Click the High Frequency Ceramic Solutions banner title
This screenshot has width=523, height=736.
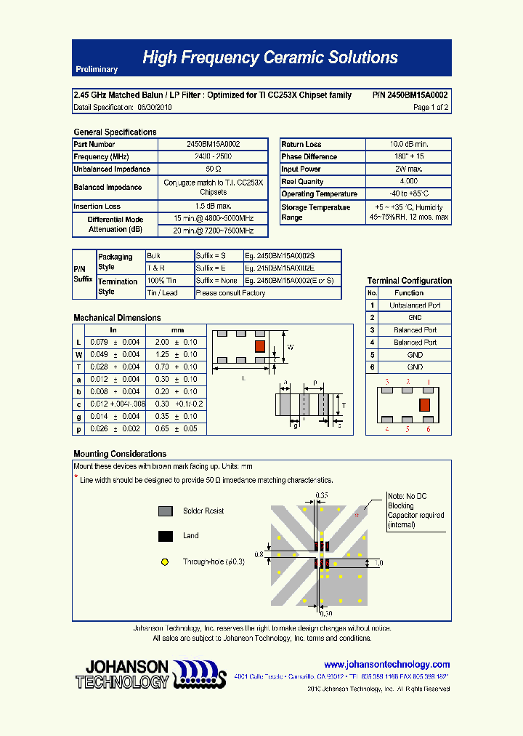269,57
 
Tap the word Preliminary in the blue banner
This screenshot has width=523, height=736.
96,69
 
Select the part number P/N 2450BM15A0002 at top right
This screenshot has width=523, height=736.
410,95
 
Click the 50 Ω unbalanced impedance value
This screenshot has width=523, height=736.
213,169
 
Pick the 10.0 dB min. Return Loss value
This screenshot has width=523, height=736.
408,144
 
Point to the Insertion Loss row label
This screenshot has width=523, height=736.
97,207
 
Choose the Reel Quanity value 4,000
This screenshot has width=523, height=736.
408,181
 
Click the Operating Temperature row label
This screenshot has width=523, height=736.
319,194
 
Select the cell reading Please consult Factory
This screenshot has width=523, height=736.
231,293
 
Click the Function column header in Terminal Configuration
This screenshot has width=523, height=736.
409,292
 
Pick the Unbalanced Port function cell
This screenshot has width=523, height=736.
415,305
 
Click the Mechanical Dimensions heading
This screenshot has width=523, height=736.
117,318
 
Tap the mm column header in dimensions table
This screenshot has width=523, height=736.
177,330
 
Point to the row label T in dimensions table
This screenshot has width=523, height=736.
78,367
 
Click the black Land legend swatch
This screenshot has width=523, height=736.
166,536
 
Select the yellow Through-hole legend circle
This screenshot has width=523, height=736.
165,561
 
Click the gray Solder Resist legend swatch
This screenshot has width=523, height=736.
166,511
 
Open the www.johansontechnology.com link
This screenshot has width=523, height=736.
386,665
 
